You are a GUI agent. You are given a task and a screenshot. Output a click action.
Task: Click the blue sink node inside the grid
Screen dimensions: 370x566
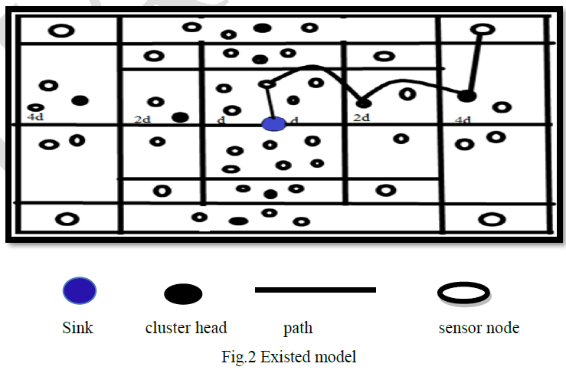click(x=273, y=123)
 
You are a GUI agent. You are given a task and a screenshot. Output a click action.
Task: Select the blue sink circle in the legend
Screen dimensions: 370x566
click(x=79, y=291)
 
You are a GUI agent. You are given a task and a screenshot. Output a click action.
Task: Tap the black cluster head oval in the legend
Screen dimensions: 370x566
click(x=183, y=293)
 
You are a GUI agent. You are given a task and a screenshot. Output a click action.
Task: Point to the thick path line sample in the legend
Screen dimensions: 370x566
click(x=315, y=290)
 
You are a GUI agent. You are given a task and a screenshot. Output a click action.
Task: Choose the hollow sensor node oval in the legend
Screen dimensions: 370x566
click(x=463, y=292)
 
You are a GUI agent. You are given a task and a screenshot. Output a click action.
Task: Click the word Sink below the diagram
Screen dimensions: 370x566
click(x=77, y=328)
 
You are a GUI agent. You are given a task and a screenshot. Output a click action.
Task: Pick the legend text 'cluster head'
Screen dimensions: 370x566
click(x=186, y=328)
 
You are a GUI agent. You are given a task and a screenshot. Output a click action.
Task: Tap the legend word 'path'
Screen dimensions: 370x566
click(x=298, y=329)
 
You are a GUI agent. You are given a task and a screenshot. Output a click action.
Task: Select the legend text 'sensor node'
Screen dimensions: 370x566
click(x=479, y=328)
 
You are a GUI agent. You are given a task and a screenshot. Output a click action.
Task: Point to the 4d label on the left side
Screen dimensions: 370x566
click(x=34, y=118)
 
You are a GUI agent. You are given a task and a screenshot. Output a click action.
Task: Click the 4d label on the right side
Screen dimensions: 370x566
click(x=463, y=120)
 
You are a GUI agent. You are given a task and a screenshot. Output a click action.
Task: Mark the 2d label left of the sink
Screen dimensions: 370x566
click(x=142, y=120)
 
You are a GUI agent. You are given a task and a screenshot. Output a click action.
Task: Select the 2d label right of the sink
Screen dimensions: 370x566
click(x=362, y=117)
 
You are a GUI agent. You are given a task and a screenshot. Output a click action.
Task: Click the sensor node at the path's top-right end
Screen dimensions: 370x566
click(x=482, y=30)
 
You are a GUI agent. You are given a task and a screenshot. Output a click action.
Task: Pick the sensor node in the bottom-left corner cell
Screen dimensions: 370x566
click(x=67, y=219)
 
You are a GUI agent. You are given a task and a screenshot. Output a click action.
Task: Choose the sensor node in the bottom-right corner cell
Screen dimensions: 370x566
click(x=489, y=219)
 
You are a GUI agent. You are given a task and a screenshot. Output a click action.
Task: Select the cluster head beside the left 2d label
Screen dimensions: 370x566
click(x=181, y=117)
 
